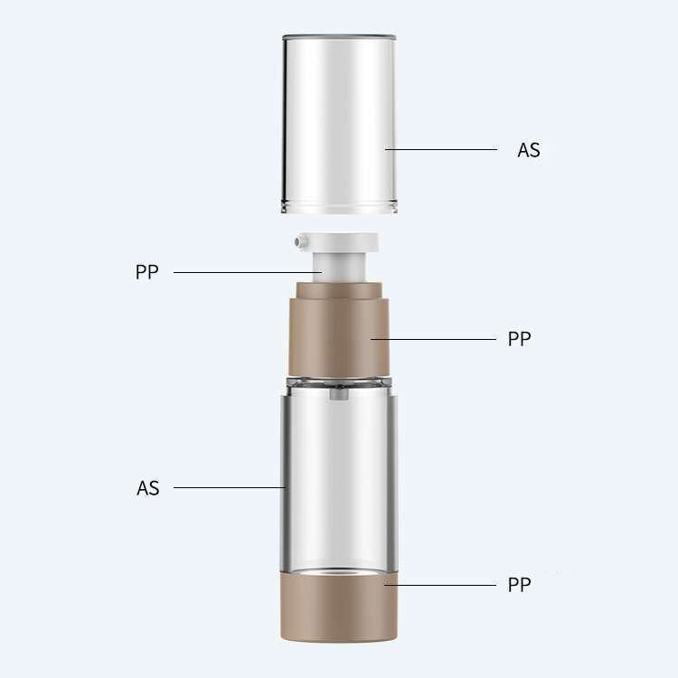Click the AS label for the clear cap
click(x=529, y=150)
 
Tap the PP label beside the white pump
click(x=146, y=272)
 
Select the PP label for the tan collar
click(x=519, y=339)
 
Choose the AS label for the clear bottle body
click(x=148, y=488)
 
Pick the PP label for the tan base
click(x=519, y=584)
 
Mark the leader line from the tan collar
click(x=434, y=339)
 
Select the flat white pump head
click(x=339, y=242)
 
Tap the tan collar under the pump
click(x=339, y=330)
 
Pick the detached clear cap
click(x=339, y=118)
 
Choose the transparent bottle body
click(x=339, y=479)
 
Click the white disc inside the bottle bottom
click(x=339, y=572)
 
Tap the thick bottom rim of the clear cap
click(x=339, y=207)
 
